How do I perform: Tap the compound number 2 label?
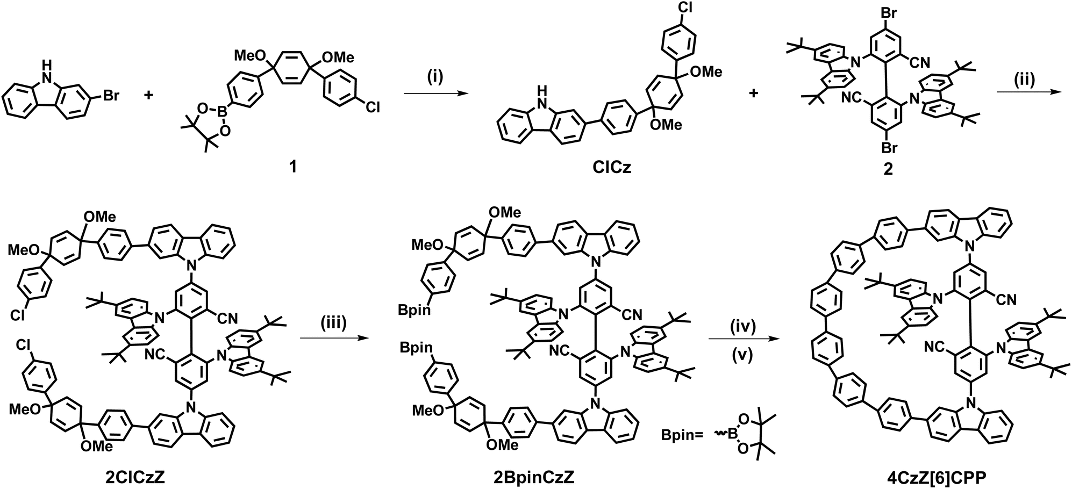888,169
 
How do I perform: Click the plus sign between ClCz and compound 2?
753,93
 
